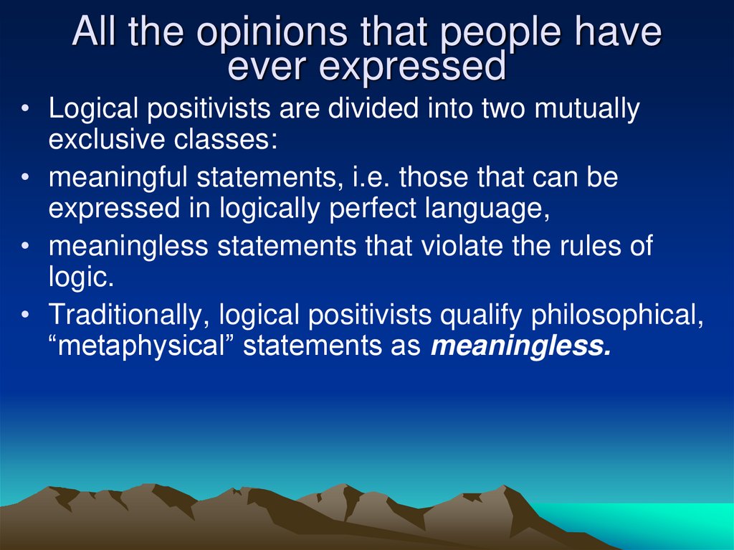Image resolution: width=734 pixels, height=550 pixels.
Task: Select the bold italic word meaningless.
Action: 521,346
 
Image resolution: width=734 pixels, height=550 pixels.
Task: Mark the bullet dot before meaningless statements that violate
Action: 26,247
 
